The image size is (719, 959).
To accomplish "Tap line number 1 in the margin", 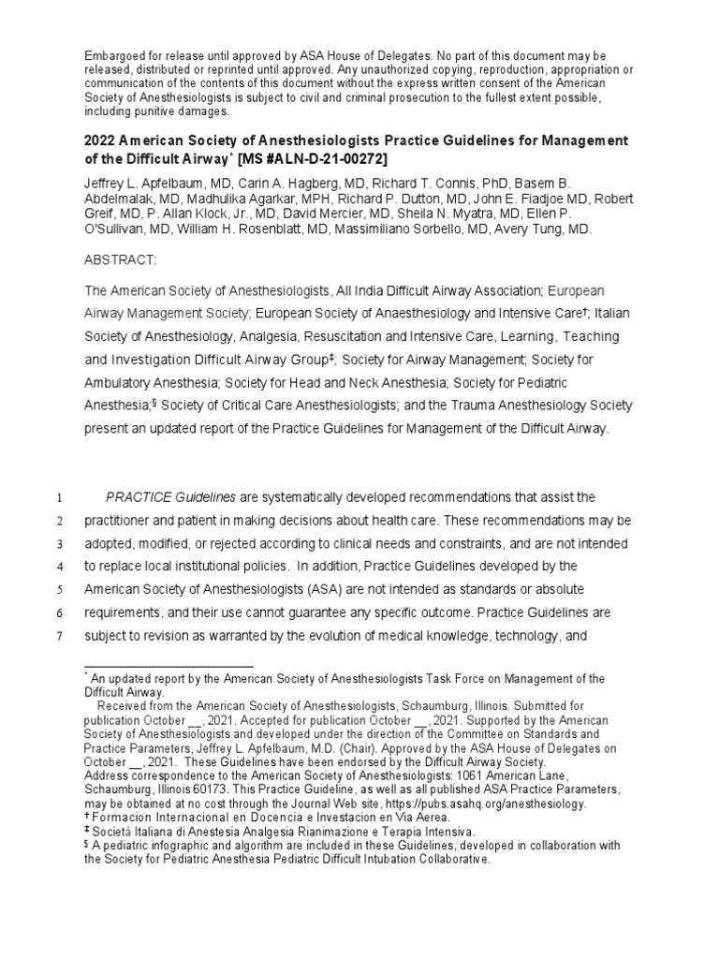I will click(59, 497).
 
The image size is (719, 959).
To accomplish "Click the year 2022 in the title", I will click(102, 140).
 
